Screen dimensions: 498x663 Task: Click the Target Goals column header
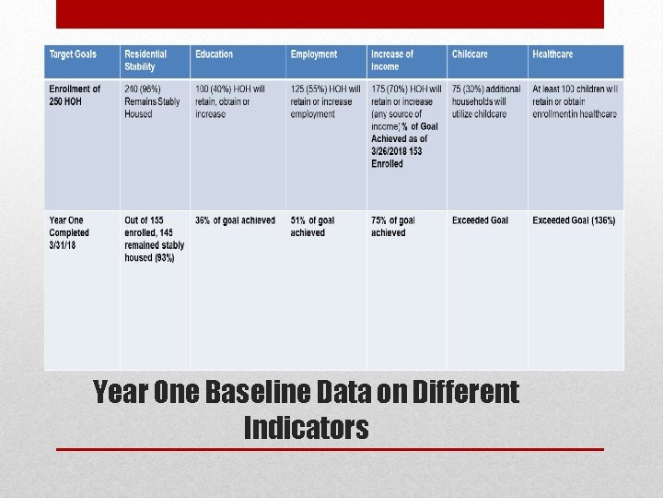pos(73,54)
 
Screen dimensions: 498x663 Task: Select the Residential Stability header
pos(145,60)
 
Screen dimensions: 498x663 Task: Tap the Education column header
pos(215,54)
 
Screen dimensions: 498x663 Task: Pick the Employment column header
pos(314,54)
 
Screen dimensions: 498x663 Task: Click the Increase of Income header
pos(392,60)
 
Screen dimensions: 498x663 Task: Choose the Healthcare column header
pos(552,54)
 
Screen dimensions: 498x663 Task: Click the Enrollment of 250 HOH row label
pos(75,95)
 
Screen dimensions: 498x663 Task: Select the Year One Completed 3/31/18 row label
pos(69,232)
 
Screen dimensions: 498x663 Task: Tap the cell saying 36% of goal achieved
pos(235,220)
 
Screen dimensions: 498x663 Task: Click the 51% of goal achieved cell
pos(313,227)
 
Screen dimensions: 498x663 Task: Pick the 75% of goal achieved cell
pos(393,227)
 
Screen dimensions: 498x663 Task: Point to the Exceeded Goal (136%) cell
pos(574,220)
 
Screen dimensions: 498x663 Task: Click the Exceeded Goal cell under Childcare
pos(480,220)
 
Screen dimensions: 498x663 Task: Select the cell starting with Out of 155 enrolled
pos(154,239)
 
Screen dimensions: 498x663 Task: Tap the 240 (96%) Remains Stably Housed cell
pos(152,101)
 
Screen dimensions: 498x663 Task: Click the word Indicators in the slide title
pos(306,427)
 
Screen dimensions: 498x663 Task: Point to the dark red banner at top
pos(330,14)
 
